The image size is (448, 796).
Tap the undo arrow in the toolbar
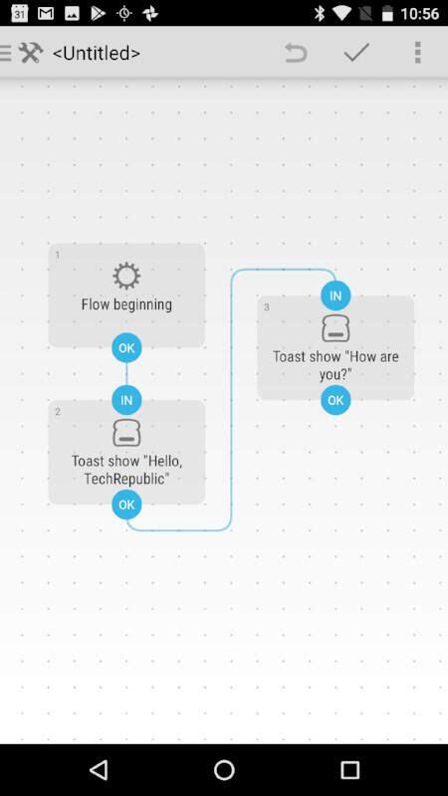tap(296, 53)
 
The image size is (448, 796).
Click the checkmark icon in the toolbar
tap(356, 53)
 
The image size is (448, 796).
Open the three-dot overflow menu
tap(417, 53)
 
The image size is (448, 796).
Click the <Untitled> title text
tap(96, 53)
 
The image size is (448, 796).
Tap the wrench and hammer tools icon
tap(31, 53)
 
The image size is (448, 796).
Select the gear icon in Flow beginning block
tap(126, 276)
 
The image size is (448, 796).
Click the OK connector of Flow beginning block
tap(126, 348)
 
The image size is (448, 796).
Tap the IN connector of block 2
tap(126, 401)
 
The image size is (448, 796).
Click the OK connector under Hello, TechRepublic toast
tap(126, 504)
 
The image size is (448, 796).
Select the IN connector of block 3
tap(336, 296)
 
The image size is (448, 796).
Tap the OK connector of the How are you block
tap(336, 400)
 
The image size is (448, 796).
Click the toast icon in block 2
tap(126, 433)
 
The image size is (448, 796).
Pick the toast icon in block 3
tap(336, 328)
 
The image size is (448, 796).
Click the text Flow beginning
tap(126, 304)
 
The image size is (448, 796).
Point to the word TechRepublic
tap(126, 479)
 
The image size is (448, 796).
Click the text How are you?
tap(336, 365)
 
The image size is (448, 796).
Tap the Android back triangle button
tap(98, 770)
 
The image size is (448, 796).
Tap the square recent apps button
tap(349, 770)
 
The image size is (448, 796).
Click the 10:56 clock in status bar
tap(419, 13)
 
